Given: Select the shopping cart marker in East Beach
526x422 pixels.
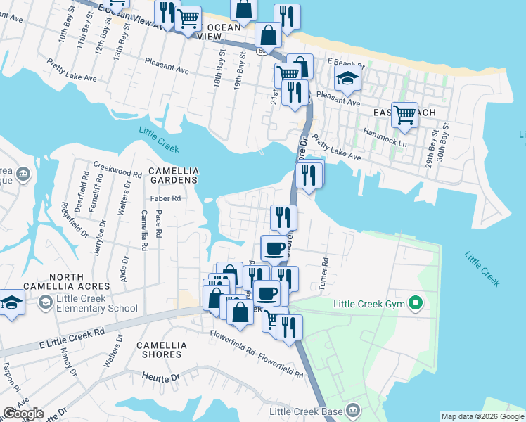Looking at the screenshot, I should (x=404, y=114).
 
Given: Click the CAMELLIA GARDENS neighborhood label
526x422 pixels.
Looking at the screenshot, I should (x=174, y=176).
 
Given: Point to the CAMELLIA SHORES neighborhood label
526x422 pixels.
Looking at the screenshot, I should (x=162, y=350).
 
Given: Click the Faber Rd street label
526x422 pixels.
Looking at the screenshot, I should (x=165, y=198).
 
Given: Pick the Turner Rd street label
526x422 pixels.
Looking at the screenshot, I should (x=325, y=270).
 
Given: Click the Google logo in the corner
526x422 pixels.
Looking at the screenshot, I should (x=23, y=414).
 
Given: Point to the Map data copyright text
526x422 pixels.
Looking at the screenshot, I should (x=482, y=416).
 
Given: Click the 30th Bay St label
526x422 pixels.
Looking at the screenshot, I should (x=442, y=145).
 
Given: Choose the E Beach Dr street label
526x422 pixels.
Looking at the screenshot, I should (x=345, y=62).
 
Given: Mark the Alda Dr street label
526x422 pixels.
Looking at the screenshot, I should (x=124, y=268).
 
